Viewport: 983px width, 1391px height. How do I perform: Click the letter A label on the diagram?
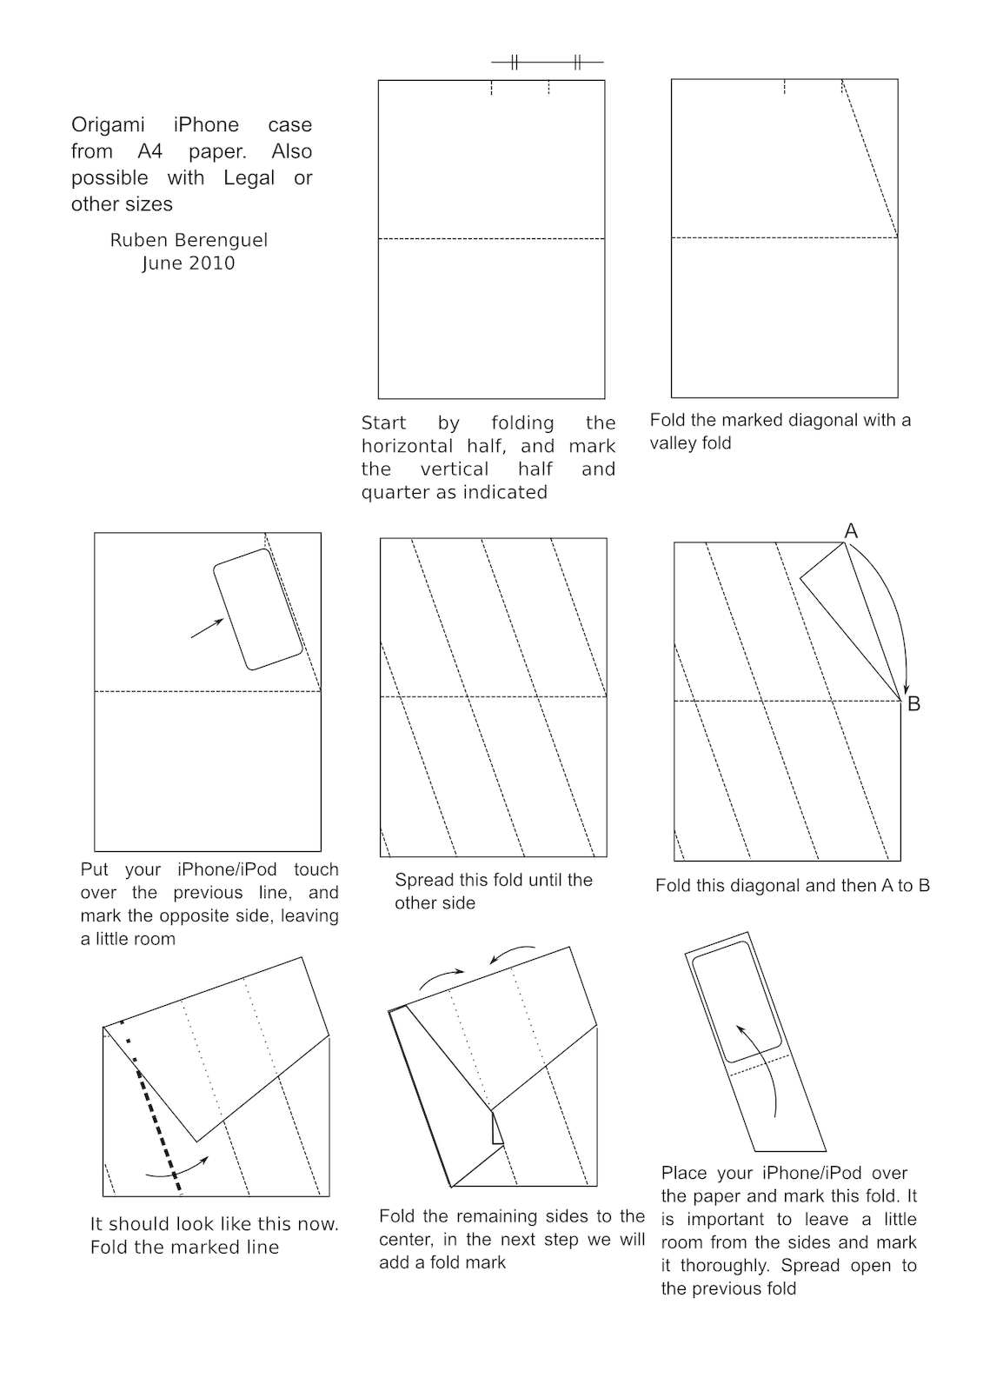click(851, 531)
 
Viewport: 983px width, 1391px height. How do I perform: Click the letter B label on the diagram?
click(913, 704)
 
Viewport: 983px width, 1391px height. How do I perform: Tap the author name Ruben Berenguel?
click(189, 240)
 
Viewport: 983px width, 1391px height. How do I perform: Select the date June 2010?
click(189, 263)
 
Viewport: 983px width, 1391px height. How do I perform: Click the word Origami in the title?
click(108, 125)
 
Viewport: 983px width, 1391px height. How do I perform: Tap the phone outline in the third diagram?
click(258, 609)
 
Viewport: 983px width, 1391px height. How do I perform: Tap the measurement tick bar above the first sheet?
click(547, 63)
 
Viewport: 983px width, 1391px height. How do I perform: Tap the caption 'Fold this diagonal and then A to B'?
click(792, 886)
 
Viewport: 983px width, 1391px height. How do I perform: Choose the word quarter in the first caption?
click(392, 493)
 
